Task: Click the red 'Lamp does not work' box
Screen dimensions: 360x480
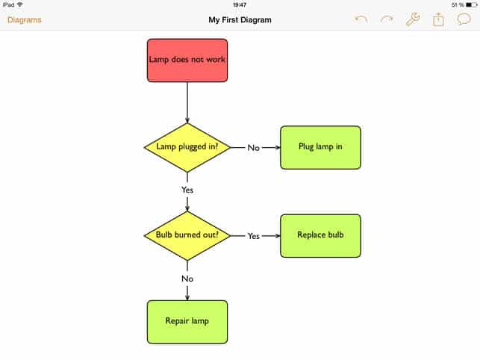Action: pyautogui.click(x=187, y=60)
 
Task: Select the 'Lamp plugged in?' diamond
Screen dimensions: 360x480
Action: pyautogui.click(x=187, y=147)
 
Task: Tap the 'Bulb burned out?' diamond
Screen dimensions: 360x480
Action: pyautogui.click(x=187, y=235)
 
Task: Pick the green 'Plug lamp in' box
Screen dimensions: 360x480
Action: pyautogui.click(x=320, y=147)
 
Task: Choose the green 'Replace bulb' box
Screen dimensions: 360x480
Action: pyautogui.click(x=320, y=235)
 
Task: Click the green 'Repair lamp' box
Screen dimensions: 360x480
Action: pyautogui.click(x=187, y=322)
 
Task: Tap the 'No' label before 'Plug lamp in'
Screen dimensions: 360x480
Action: pyautogui.click(x=254, y=148)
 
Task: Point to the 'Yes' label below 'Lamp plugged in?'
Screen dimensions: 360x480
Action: pyautogui.click(x=187, y=190)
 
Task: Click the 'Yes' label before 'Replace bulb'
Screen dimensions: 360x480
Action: pyautogui.click(x=254, y=236)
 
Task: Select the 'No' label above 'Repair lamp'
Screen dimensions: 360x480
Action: pyautogui.click(x=187, y=279)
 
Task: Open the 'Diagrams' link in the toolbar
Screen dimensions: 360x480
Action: pyautogui.click(x=25, y=20)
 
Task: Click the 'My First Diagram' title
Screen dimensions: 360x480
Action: pyautogui.click(x=240, y=20)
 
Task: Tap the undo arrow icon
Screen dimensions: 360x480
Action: pyautogui.click(x=361, y=20)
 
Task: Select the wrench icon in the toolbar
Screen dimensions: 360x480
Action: pyautogui.click(x=413, y=20)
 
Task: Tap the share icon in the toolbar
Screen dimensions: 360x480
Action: pyautogui.click(x=438, y=20)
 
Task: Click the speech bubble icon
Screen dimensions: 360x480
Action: pyautogui.click(x=464, y=20)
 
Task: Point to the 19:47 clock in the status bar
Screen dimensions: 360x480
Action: pyautogui.click(x=240, y=4)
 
